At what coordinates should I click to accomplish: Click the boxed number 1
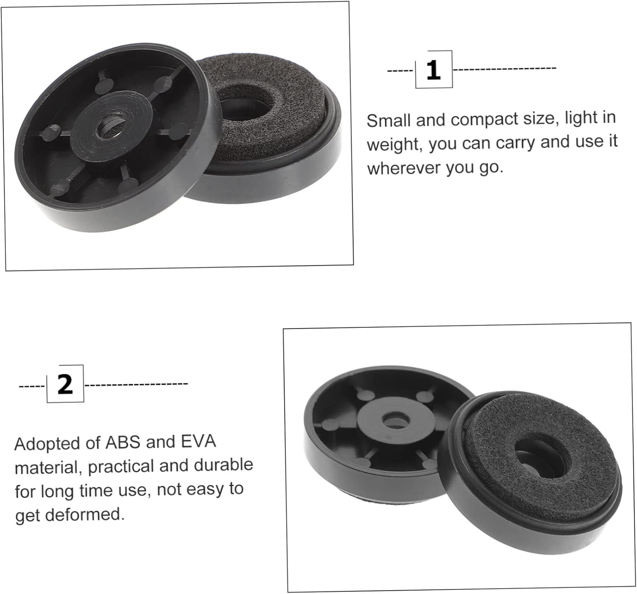433,70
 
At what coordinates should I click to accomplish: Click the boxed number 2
65,384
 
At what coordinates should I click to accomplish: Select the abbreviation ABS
123,442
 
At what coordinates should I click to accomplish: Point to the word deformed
85,515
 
